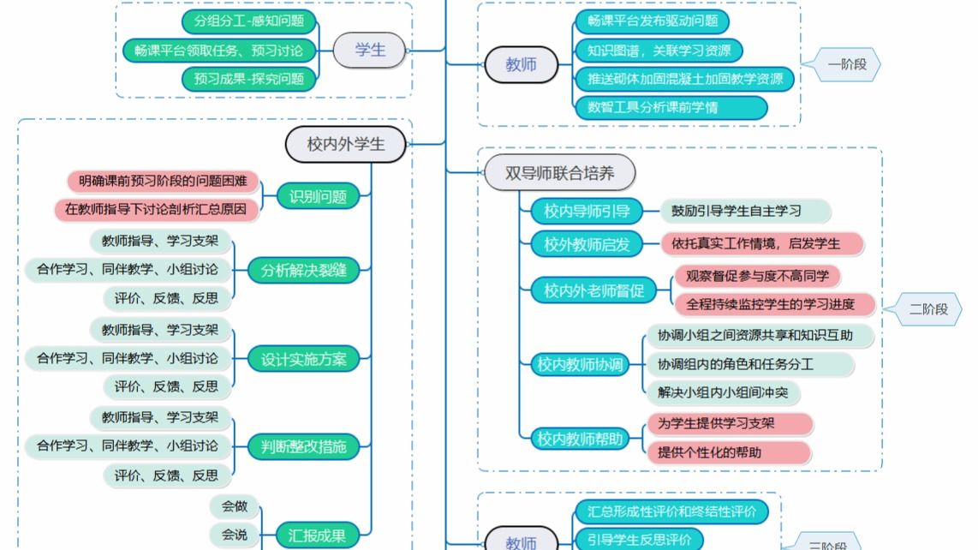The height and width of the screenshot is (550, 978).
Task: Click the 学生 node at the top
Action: coord(370,50)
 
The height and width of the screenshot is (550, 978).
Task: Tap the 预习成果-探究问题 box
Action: coord(248,79)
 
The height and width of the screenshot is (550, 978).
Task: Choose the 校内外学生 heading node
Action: coord(345,144)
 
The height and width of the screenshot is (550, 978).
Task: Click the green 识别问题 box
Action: coord(317,196)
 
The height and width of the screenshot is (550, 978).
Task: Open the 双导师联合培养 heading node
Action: coord(559,173)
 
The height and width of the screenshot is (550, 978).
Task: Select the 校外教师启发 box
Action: coord(587,244)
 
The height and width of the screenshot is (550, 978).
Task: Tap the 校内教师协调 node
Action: coord(580,364)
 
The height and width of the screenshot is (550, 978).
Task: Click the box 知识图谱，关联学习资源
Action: coord(658,51)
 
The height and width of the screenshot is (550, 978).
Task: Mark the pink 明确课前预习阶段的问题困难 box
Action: coord(163,182)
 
